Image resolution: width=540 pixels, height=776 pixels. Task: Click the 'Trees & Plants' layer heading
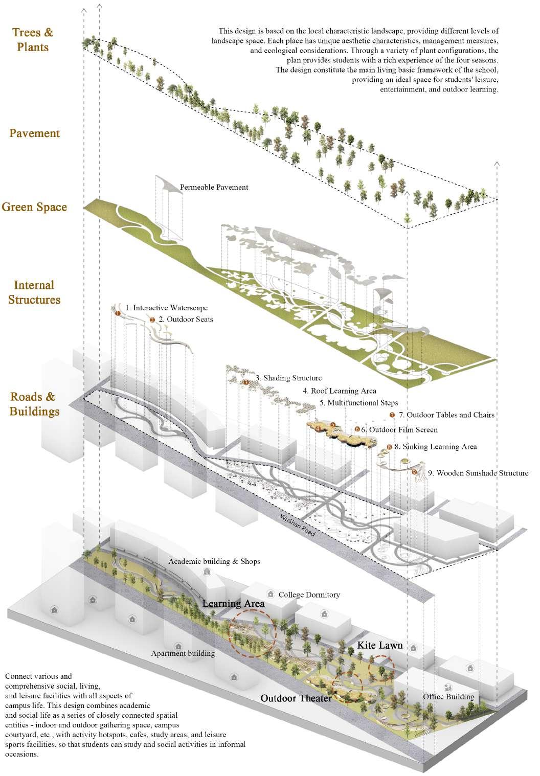pos(33,40)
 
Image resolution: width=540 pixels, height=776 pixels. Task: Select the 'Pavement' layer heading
pos(35,133)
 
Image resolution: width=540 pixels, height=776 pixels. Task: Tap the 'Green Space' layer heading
pos(34,207)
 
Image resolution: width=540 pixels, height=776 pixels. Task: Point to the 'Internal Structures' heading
pos(34,292)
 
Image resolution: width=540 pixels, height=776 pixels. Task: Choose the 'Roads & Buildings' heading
pos(34,404)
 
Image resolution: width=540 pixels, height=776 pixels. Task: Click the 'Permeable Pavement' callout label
pos(214,187)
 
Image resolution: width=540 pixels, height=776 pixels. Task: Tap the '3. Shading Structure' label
pos(288,378)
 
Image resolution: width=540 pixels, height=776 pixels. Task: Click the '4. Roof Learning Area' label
pos(339,391)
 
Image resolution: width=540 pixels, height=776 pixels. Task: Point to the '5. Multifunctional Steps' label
pos(358,402)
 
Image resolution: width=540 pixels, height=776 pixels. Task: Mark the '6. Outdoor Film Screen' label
pos(399,429)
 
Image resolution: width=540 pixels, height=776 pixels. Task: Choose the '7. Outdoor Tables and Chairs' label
pos(445,415)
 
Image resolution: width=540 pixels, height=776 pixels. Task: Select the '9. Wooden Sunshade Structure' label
pos(478,473)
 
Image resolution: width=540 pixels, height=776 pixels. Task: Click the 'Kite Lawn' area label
pos(379,645)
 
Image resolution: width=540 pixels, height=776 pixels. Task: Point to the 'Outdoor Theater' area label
pos(296,698)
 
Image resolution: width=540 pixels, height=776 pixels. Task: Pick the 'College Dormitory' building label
pos(309,595)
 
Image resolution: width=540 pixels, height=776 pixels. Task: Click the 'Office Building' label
pos(448,696)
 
